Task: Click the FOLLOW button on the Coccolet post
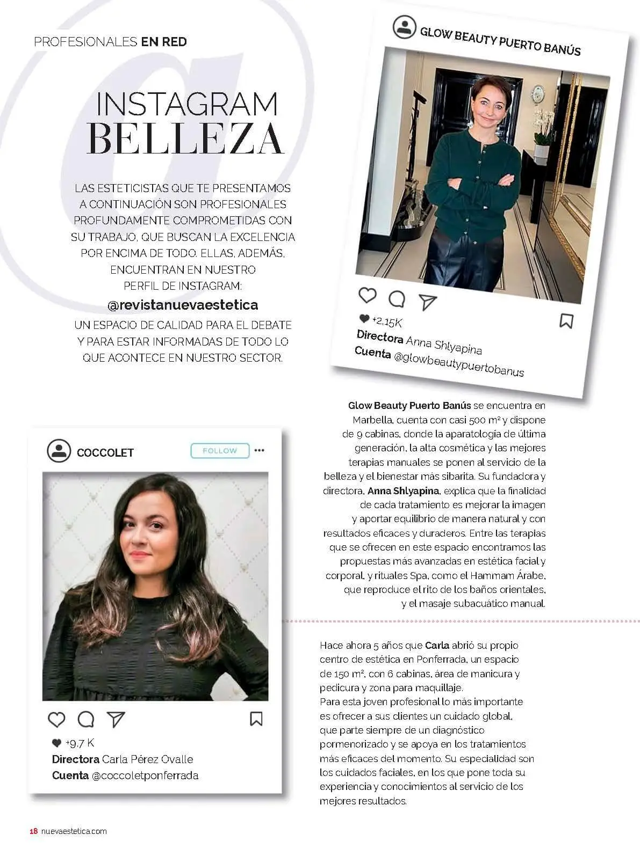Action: (220, 451)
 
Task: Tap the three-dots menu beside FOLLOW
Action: (260, 450)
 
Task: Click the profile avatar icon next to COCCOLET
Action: (59, 451)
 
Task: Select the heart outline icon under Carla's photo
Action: (56, 719)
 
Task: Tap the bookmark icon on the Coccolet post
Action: (256, 719)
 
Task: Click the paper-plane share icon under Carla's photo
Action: (116, 719)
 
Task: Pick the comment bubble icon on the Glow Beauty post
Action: (397, 299)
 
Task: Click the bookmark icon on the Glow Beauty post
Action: (566, 321)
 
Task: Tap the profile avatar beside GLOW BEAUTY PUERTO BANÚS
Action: (404, 27)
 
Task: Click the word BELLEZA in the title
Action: (185, 139)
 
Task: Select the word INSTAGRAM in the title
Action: (187, 104)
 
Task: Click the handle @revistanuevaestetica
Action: (183, 305)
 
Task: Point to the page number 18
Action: (33, 831)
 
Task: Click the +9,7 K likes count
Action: (79, 743)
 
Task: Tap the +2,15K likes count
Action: (386, 321)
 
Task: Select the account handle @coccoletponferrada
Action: (145, 775)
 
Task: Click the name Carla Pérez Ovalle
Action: (147, 759)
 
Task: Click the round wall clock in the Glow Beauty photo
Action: (537, 94)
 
